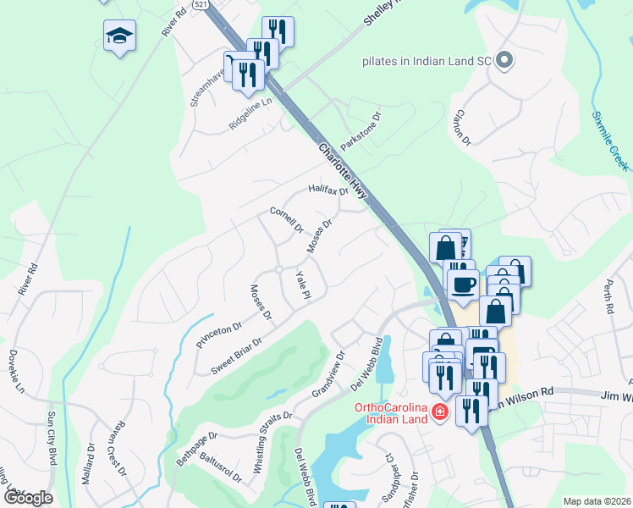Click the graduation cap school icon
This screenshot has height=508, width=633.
coord(119,36)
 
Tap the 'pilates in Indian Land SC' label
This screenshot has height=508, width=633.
coord(426,61)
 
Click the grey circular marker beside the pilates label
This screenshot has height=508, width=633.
coord(505,60)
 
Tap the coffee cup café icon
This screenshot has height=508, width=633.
coord(462,284)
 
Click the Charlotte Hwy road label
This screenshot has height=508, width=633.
coord(343,170)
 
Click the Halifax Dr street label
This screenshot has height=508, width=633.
coord(328,190)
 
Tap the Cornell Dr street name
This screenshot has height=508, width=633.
coord(286,218)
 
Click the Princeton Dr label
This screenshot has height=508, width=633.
coord(219,334)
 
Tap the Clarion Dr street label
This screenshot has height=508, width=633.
coord(460,126)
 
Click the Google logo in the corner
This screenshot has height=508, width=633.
coord(28,497)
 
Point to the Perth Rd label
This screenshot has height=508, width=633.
coord(609,296)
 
